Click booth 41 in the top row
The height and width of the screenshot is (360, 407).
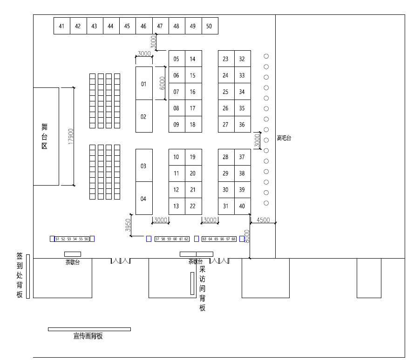(61, 26)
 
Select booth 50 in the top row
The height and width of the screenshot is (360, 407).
(209, 26)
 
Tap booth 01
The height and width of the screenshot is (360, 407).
(143, 84)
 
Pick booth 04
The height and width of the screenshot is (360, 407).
(143, 199)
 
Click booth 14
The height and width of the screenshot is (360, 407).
(193, 59)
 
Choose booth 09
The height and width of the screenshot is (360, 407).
(176, 125)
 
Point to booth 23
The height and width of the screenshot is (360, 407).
(226, 59)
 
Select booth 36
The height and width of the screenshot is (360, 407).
(242, 125)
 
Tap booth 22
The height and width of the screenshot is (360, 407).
(193, 206)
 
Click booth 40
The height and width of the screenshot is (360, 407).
(242, 206)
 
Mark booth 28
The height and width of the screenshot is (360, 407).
(226, 157)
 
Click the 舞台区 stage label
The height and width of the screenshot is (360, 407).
(45, 136)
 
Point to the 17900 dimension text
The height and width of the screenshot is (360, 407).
(71, 136)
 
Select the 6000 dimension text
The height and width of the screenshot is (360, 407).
(162, 83)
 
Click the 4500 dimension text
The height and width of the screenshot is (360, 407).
(263, 220)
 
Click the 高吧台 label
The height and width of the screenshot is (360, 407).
(284, 138)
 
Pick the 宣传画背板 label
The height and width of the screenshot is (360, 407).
(88, 336)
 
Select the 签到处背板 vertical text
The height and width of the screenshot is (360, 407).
(20, 276)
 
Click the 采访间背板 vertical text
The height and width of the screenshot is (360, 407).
(203, 288)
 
